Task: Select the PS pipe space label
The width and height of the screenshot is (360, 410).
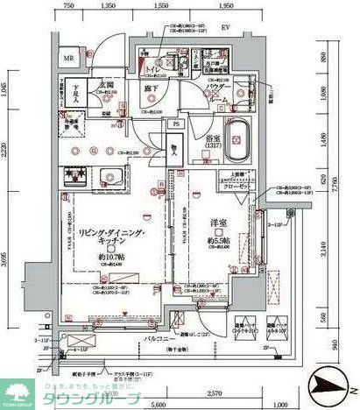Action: (x=176, y=124)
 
